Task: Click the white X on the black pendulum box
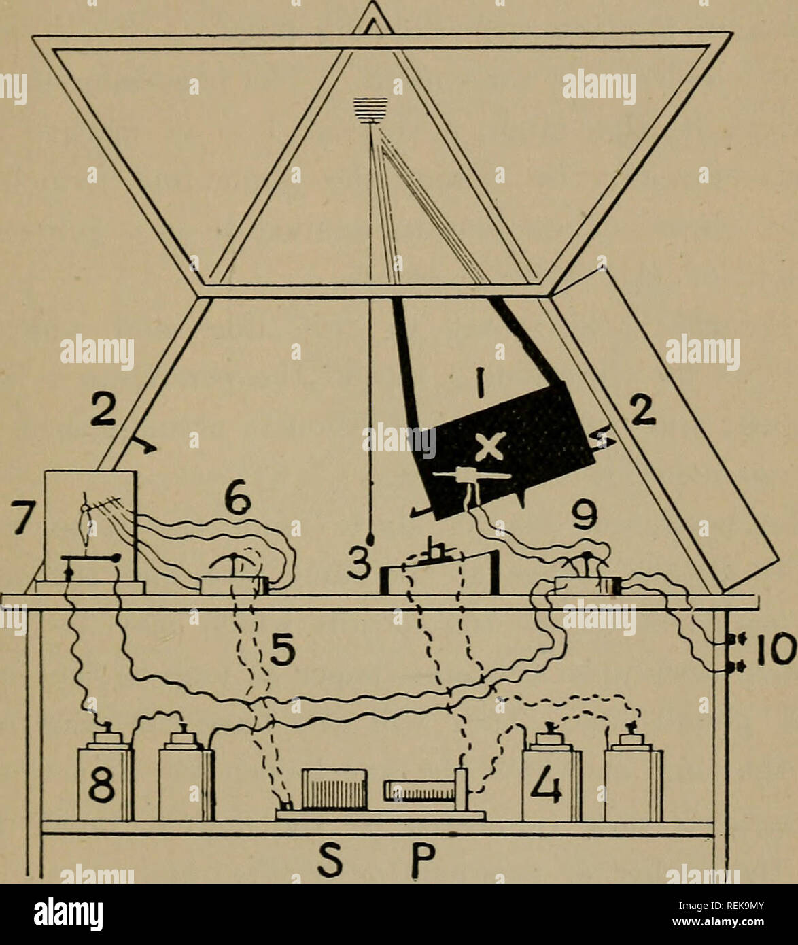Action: (x=489, y=447)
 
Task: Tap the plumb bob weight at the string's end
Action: (x=371, y=540)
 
